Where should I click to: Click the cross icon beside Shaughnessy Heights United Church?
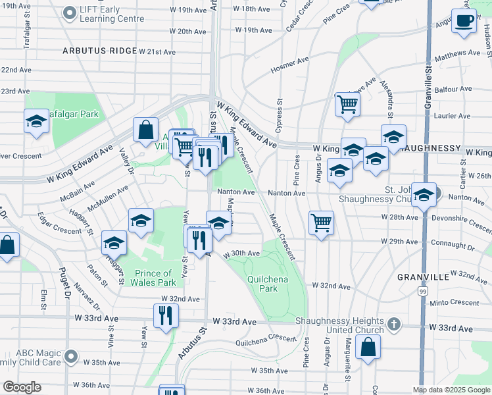(x=393, y=324)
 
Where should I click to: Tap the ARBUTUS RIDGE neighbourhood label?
(x=99, y=51)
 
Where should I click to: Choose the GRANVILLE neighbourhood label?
(x=423, y=277)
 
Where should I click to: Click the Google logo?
(x=22, y=387)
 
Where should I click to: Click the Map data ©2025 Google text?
(x=451, y=390)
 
